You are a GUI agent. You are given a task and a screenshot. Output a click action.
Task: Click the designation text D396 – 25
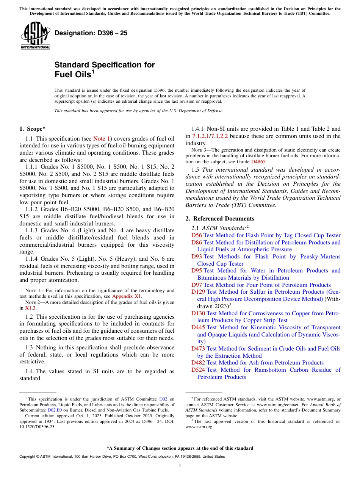[x=91, y=33]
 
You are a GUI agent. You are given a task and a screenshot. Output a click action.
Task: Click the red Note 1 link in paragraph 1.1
[x=102, y=139]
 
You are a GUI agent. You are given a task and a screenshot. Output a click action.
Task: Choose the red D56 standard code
[x=196, y=235]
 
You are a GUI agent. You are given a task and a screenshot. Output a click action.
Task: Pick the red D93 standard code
[x=196, y=257]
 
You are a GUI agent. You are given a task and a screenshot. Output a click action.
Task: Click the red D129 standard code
[x=198, y=292]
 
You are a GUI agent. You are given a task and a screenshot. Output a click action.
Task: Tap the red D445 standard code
[x=198, y=327]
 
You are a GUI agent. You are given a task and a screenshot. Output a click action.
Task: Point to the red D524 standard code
[x=198, y=370]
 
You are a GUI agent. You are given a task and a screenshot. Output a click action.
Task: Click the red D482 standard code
[x=198, y=363]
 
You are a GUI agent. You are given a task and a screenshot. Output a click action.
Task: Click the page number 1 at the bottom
[x=180, y=466]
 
